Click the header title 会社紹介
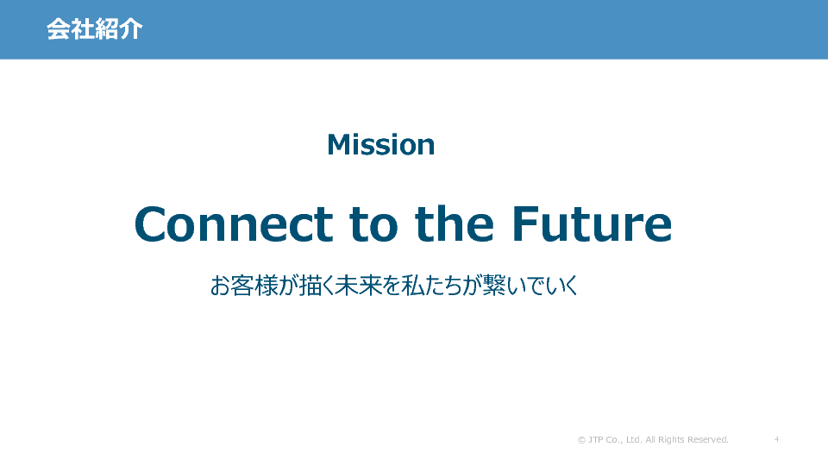click(95, 28)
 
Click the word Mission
click(380, 144)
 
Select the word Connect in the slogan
click(234, 224)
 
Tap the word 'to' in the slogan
click(373, 225)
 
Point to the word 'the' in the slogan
click(455, 224)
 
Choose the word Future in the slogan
click(592, 224)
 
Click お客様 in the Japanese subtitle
click(244, 286)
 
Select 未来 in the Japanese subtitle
click(359, 286)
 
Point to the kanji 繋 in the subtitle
click(493, 286)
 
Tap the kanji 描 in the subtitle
click(310, 286)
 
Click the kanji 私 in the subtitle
click(412, 286)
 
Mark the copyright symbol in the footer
click(581, 439)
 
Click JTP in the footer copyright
click(596, 439)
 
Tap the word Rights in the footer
click(671, 440)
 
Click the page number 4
click(776, 439)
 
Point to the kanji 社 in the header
click(83, 28)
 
